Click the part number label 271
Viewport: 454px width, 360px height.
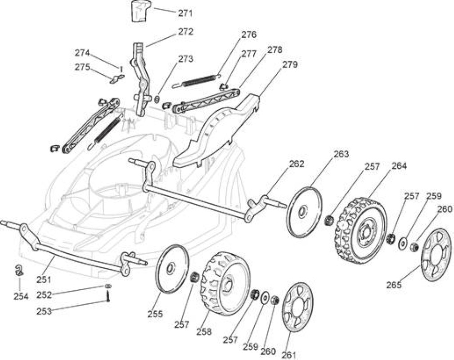click(185, 13)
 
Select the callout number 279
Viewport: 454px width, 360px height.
click(290, 64)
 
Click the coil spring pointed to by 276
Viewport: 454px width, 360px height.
click(197, 81)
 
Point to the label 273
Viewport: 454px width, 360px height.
click(185, 59)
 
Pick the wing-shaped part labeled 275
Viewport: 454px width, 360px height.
click(117, 78)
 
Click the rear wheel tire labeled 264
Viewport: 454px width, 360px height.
click(361, 230)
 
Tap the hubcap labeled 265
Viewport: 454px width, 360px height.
click(436, 255)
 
